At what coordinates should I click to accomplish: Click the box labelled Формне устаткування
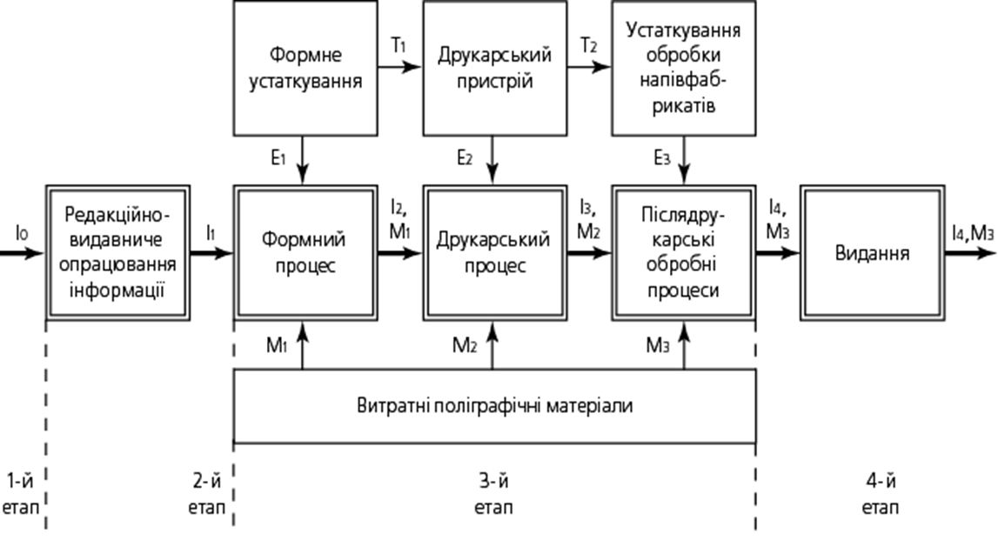(x=305, y=69)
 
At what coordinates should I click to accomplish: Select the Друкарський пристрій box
(x=495, y=69)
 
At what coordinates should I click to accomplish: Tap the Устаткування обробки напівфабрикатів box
(x=684, y=69)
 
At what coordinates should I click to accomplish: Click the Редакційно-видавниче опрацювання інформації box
(x=117, y=252)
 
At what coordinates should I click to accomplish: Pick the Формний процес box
(x=305, y=252)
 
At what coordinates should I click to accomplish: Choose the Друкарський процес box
(x=495, y=252)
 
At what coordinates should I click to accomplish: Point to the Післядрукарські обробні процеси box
(x=684, y=252)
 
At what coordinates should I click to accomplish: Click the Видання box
(x=872, y=253)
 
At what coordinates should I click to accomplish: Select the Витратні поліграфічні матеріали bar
(x=494, y=406)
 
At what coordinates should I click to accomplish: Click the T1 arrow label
(x=399, y=46)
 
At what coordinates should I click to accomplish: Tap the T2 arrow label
(x=589, y=46)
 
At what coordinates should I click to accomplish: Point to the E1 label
(x=278, y=159)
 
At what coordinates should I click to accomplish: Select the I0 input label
(x=22, y=232)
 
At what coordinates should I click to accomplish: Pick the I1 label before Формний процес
(x=211, y=232)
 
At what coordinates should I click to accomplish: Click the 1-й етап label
(x=21, y=492)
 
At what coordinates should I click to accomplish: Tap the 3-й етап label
(x=493, y=492)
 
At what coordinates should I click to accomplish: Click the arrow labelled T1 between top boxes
(x=399, y=69)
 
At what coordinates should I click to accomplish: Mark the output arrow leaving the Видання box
(x=969, y=253)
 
